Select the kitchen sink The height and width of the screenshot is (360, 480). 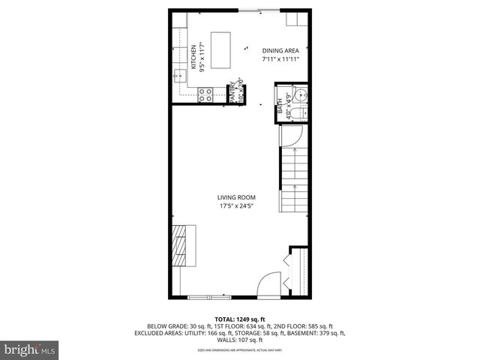pos(178,74)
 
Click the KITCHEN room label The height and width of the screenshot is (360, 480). pos(193,56)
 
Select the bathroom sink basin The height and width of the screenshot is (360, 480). pos(301,95)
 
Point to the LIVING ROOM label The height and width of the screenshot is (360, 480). pos(237,198)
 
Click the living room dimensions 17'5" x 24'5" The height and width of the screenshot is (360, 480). pos(237,207)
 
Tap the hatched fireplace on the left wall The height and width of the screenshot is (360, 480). pos(181,245)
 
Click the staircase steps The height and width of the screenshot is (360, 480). pos(293,180)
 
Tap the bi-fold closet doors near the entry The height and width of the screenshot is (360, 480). pos(289,267)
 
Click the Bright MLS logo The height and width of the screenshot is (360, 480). pos(29,349)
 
